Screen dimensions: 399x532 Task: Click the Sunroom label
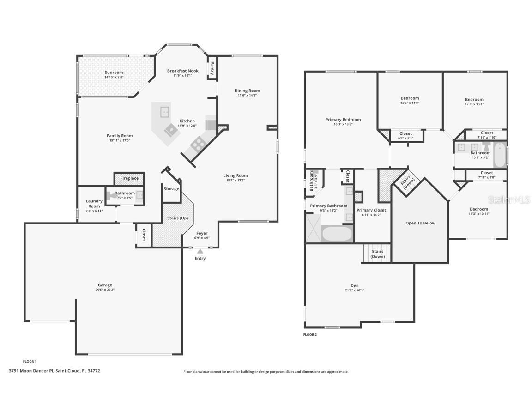[x=114, y=73]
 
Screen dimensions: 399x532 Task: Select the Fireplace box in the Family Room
[x=129, y=178]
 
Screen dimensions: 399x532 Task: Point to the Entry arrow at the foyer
[x=200, y=251]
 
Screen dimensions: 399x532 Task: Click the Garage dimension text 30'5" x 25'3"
[x=105, y=290]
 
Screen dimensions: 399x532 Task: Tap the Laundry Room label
[x=94, y=204]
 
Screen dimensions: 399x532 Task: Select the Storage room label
[x=171, y=189]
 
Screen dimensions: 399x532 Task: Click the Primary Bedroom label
[x=343, y=120]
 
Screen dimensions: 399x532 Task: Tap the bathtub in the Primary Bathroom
[x=337, y=233]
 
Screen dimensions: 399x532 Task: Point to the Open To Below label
[x=420, y=223]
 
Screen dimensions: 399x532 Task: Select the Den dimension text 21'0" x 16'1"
[x=354, y=290]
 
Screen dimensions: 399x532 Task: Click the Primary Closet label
[x=371, y=210]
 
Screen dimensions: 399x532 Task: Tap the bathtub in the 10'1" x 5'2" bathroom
[x=500, y=156]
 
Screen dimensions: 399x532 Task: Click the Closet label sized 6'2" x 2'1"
[x=405, y=133]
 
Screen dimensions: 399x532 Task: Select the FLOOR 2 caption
[x=310, y=334]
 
